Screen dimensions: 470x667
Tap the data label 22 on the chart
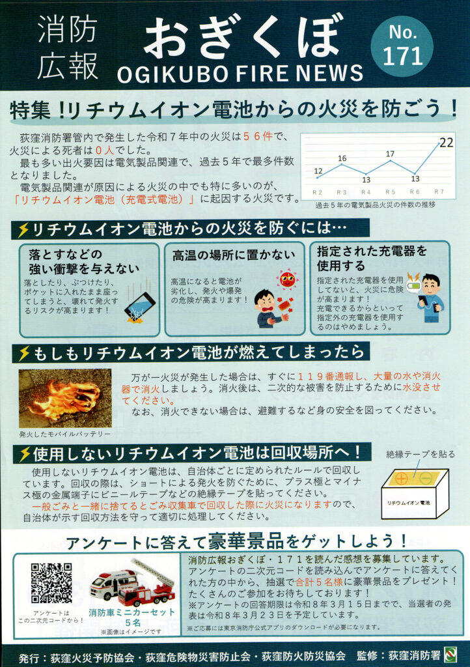[446, 143]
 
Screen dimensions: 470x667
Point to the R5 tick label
[390, 192]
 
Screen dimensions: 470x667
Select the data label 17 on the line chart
[390, 154]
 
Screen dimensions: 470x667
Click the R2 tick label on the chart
[318, 192]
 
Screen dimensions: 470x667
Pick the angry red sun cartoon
[287, 279]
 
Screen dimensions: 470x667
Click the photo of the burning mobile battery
[65, 398]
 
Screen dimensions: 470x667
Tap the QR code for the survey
[51, 583]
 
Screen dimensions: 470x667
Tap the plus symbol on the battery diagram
[401, 479]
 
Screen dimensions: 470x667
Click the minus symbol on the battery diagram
[425, 478]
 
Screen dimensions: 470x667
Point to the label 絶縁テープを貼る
[421, 454]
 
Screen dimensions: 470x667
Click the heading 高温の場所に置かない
[233, 255]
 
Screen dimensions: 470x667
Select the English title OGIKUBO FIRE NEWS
[240, 74]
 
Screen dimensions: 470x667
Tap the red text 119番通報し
[334, 376]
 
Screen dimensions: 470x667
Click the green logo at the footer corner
[450, 654]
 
